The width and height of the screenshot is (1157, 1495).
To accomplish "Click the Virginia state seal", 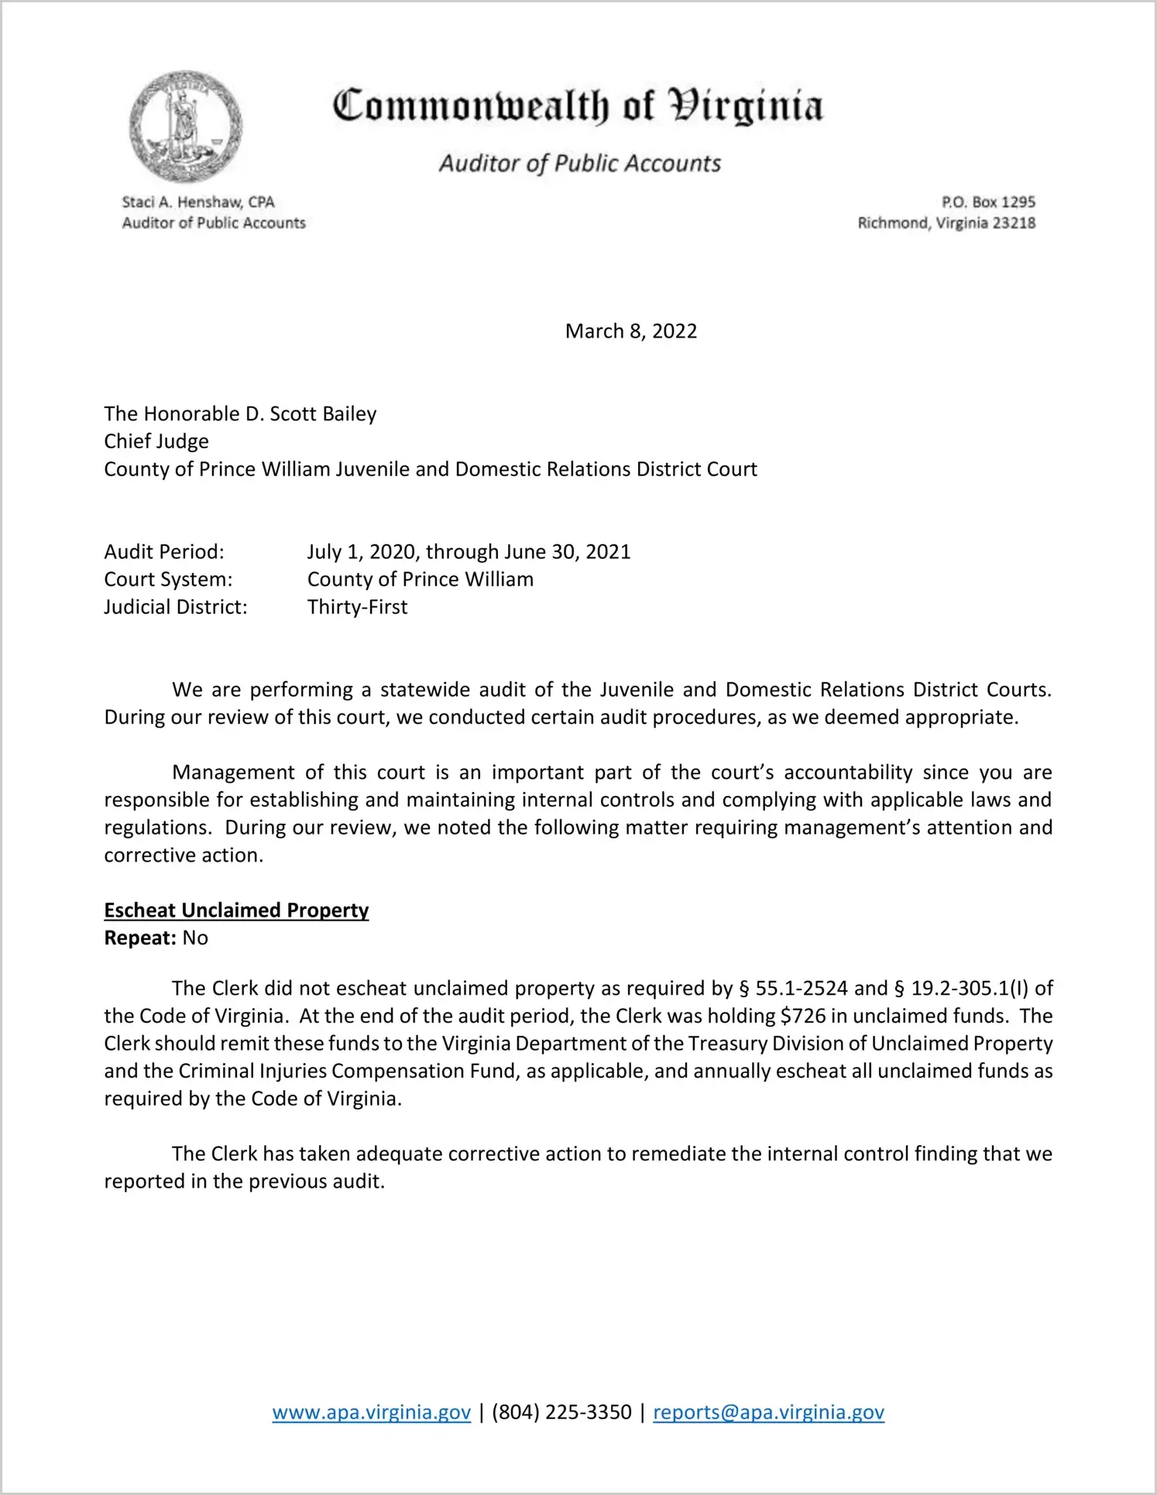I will [185, 126].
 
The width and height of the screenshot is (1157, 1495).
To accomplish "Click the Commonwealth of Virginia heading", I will [578, 106].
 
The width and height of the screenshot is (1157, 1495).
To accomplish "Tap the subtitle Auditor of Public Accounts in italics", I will [579, 163].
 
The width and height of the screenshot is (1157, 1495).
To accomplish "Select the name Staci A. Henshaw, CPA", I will [198, 202].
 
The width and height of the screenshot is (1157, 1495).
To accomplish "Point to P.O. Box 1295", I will [988, 202].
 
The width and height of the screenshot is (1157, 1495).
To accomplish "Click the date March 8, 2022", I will [630, 331].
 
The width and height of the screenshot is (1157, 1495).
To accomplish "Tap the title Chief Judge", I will [156, 441].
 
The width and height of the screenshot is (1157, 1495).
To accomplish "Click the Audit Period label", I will [164, 552].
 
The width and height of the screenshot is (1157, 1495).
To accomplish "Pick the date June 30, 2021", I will [567, 552].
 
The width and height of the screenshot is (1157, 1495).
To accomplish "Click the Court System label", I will [168, 580].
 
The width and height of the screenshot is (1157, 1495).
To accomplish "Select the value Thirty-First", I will [357, 607].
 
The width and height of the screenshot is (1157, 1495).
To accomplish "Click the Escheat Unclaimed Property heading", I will [236, 910].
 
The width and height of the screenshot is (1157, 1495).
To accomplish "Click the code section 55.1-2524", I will [802, 989].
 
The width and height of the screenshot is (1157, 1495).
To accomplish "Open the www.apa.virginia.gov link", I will [371, 1412].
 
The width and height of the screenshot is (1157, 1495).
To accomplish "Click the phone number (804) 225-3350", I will [561, 1412].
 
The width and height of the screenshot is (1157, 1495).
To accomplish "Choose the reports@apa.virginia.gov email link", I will [768, 1412].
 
